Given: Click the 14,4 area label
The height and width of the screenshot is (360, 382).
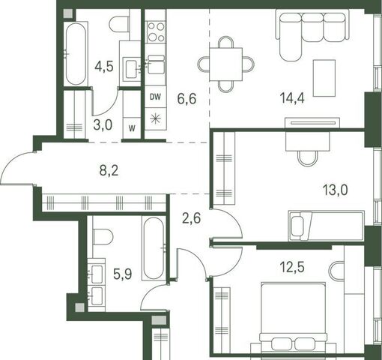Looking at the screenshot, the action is (292, 97).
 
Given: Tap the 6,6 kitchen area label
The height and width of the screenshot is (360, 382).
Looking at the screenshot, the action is (187, 99).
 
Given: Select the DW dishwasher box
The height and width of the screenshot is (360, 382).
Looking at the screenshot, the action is (156, 97).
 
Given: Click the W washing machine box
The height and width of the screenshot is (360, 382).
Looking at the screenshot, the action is (132, 128).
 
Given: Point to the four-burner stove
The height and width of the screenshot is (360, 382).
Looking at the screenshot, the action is (156, 32).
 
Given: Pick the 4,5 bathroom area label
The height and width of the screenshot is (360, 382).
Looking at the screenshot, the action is (104, 67).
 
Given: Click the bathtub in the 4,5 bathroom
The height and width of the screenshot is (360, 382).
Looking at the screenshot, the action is (76, 53).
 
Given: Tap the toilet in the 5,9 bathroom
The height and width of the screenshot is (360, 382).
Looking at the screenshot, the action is (103, 237).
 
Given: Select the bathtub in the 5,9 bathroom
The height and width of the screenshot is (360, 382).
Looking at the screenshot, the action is (154, 248).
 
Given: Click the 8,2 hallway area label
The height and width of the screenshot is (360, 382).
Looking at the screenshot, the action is (109, 171).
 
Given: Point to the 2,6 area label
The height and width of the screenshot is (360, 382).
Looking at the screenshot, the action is (192, 218).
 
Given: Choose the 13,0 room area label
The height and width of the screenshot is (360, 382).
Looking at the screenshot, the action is (335, 190).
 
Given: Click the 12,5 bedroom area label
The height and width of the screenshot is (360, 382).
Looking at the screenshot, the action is (292, 267).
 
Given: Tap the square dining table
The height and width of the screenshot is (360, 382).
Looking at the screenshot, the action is (226, 64).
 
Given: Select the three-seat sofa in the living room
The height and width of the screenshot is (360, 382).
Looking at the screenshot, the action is (312, 35).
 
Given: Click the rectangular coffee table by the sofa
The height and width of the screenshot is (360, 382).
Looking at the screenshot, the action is (324, 78).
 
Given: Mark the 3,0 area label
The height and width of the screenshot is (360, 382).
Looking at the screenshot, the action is (103, 125).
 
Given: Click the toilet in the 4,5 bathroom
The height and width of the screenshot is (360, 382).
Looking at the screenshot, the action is (119, 24).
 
